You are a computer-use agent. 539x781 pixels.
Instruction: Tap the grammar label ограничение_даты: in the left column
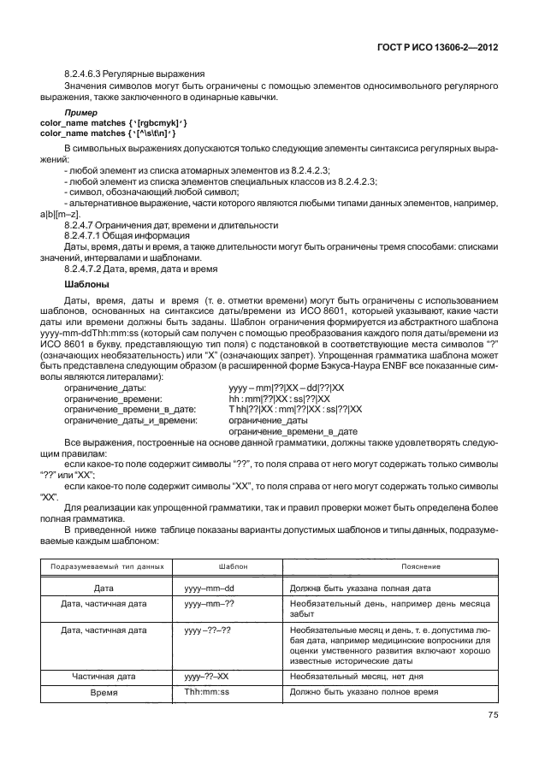[x=105, y=388]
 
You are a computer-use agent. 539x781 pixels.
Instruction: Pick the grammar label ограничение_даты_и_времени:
[x=130, y=419]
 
